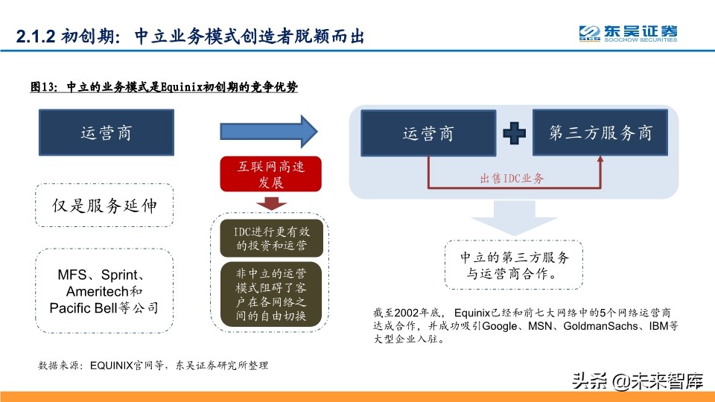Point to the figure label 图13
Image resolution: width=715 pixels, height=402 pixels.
click(43, 87)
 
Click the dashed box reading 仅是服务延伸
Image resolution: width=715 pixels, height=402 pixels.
click(104, 205)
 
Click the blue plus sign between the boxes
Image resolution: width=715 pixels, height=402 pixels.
click(513, 134)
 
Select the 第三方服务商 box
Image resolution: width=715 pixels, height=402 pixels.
click(600, 133)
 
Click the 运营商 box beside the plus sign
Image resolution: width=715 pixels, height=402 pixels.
click(428, 134)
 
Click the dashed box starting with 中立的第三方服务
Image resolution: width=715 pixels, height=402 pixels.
click(514, 265)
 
